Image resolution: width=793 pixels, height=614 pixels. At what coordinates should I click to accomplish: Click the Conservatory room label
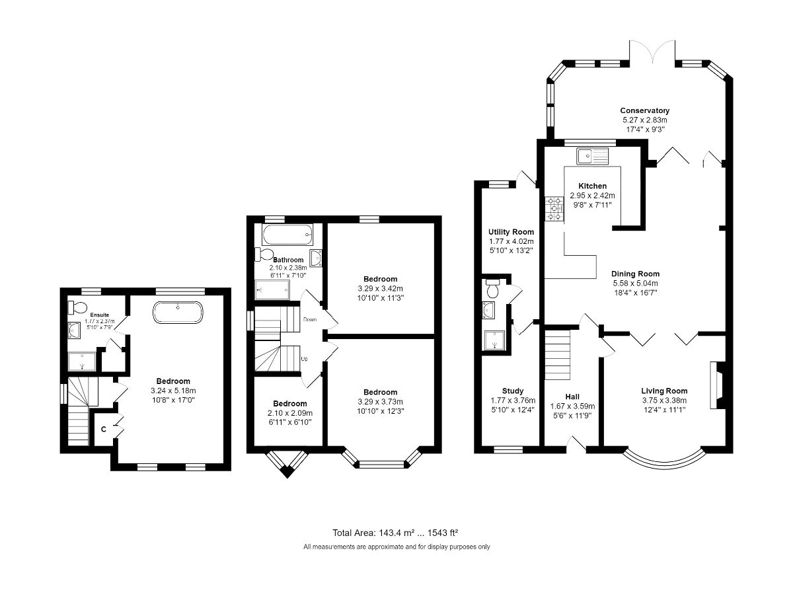coord(644,110)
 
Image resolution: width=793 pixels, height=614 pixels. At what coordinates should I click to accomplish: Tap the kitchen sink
coord(591,156)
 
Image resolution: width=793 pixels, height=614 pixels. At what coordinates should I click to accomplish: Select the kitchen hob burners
coord(552,208)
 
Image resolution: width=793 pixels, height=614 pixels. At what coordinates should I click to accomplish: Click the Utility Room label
coord(511,232)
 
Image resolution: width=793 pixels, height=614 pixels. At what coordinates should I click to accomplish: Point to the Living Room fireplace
coord(716,385)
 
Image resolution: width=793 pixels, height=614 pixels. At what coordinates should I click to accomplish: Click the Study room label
coord(512,391)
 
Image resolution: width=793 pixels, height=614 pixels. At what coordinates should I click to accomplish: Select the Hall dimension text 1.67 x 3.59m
coord(572,406)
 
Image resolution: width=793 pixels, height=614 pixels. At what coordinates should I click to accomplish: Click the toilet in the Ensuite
coord(76,307)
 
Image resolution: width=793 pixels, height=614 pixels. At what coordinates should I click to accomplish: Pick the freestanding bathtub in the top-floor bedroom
coord(176,313)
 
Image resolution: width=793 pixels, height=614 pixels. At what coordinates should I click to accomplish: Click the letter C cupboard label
coord(104,430)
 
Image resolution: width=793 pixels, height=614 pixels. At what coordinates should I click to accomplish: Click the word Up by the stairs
coord(304,359)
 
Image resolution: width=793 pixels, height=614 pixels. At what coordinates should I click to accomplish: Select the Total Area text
coord(395,532)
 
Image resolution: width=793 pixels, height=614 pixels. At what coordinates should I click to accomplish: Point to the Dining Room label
coord(635,274)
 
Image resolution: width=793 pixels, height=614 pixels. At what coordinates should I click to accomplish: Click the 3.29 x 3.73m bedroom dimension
coord(380,401)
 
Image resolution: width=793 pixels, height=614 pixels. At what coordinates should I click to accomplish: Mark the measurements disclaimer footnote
coord(397,547)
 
